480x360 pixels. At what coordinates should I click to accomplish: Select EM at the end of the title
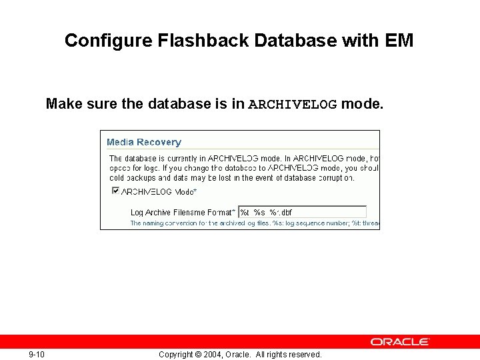tap(399, 41)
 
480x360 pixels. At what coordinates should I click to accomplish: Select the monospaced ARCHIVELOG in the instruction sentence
tap(293, 105)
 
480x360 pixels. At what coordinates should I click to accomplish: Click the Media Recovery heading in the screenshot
tap(144, 142)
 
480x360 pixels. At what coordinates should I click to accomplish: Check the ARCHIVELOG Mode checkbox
tap(115, 191)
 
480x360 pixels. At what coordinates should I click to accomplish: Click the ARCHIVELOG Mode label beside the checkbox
tap(159, 192)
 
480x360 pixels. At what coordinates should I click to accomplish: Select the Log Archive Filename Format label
tap(183, 213)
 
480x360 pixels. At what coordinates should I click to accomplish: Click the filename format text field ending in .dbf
tap(302, 212)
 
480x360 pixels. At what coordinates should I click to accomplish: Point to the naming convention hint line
tap(253, 223)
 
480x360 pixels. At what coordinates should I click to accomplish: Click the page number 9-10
tap(37, 354)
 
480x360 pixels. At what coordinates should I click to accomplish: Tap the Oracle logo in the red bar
tap(400, 341)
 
